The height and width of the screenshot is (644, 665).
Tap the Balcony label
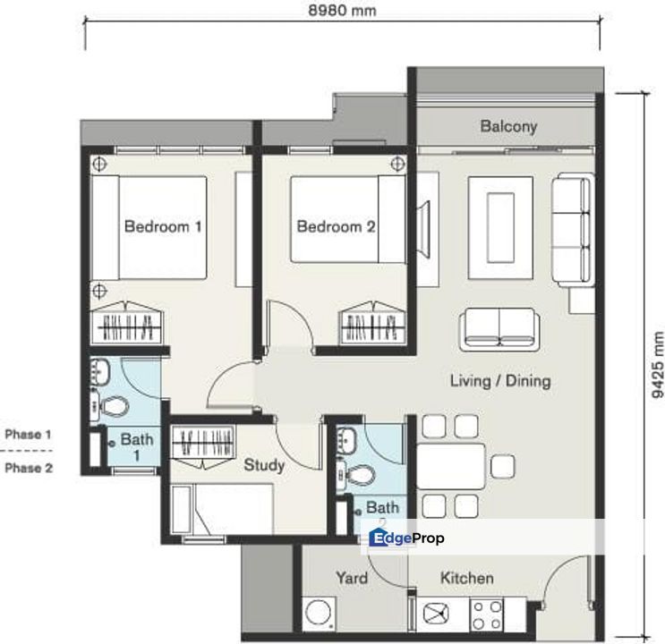point(508,126)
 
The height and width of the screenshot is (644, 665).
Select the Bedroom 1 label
point(162,226)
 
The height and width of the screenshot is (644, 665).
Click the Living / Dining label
point(499,381)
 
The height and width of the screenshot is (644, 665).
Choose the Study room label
point(264,465)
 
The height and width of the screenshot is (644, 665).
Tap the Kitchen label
point(466,578)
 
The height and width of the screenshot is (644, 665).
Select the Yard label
point(352,578)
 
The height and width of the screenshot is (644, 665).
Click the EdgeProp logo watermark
point(407,538)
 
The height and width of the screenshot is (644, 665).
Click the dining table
point(451,465)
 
